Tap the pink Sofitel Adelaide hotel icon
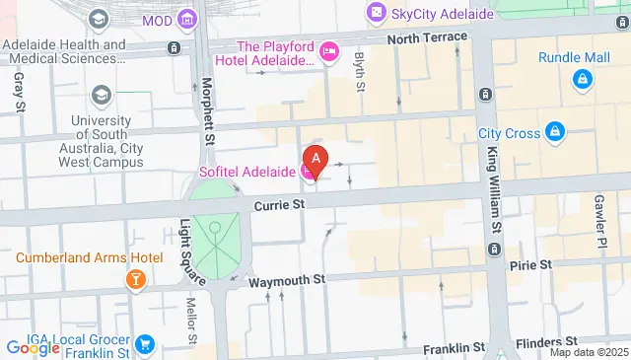pos(309,173)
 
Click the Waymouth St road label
pos(287,281)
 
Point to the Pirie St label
pos(530,265)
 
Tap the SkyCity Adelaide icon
pos(376,13)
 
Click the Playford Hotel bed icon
pos(328,48)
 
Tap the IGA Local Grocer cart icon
pos(145,344)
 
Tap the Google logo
pos(33,348)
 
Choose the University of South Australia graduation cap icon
pos(100,95)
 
